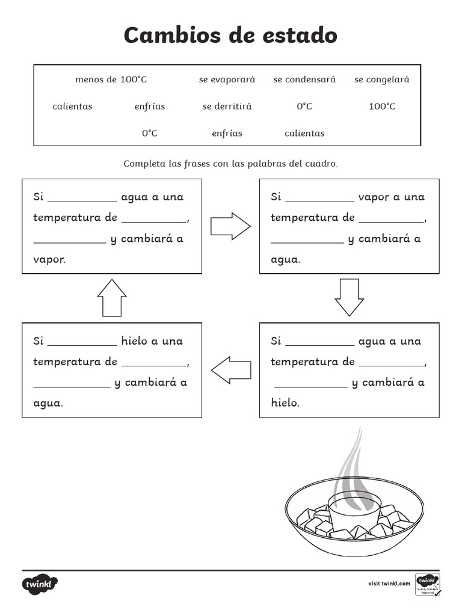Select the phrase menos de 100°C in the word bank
click(x=111, y=79)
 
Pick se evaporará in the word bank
click(x=227, y=79)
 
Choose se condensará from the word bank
click(x=304, y=79)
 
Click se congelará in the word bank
click(x=381, y=79)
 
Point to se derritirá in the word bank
click(x=227, y=106)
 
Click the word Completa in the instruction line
click(x=143, y=164)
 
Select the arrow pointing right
click(x=230, y=226)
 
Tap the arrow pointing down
click(x=350, y=297)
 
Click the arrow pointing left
click(x=231, y=369)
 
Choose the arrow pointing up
click(x=112, y=297)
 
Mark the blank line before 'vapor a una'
click(x=319, y=201)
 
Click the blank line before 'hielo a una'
click(x=82, y=345)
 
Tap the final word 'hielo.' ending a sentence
click(x=285, y=403)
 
